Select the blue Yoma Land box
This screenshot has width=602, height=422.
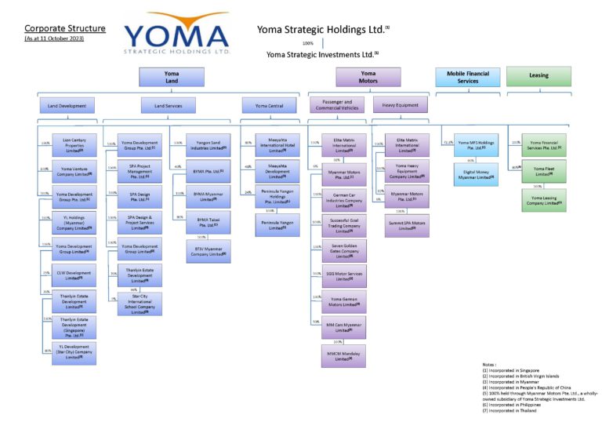(x=172, y=77)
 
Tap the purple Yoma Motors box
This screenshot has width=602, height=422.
(x=368, y=77)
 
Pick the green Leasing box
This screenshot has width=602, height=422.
(x=538, y=77)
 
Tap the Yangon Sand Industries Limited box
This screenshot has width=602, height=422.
(x=208, y=145)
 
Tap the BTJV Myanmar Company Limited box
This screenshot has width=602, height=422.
(x=208, y=250)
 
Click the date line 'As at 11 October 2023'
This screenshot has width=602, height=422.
(x=54, y=38)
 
